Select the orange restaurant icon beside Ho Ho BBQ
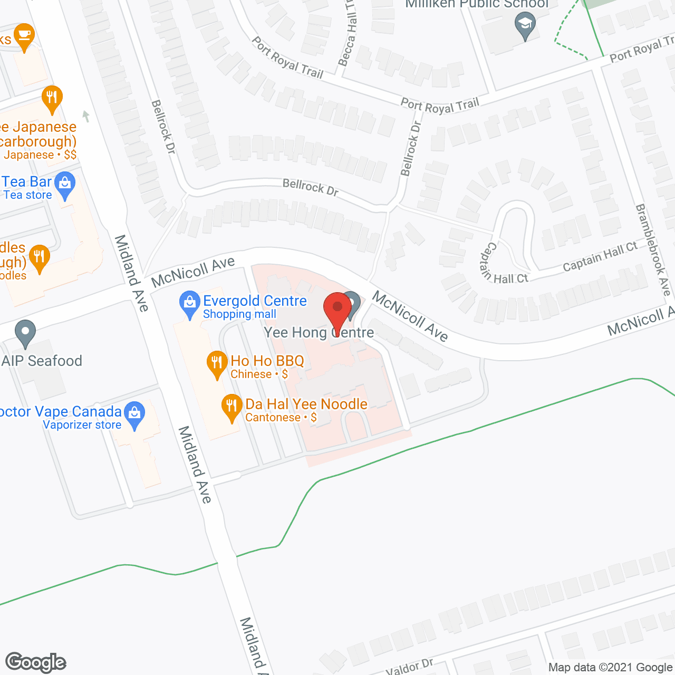click(x=217, y=364)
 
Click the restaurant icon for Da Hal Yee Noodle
click(x=232, y=407)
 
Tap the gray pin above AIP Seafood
click(x=25, y=333)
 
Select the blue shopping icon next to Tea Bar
click(x=65, y=185)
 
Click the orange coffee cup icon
click(x=24, y=36)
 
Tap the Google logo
click(x=36, y=662)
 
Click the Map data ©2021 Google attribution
click(x=610, y=668)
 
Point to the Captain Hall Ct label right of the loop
click(x=600, y=257)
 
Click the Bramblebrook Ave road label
click(x=653, y=250)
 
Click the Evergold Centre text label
click(x=255, y=301)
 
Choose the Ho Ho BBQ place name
click(x=267, y=361)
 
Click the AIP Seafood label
click(x=42, y=361)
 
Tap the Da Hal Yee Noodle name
click(x=306, y=404)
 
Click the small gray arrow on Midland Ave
click(x=86, y=116)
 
